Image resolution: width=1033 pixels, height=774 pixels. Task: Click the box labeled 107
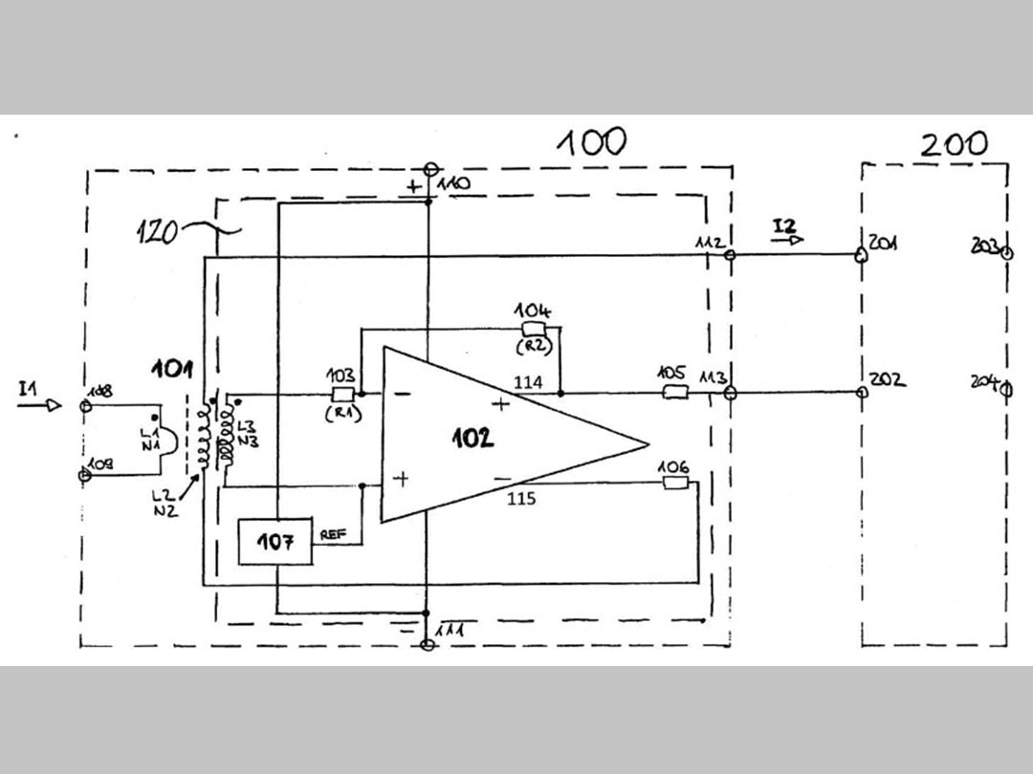275,542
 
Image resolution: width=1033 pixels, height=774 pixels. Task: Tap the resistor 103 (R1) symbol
341,393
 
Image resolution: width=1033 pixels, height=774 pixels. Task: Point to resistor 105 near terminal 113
675,393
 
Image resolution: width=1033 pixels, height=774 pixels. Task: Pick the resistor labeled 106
675,483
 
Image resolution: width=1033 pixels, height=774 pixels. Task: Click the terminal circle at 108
85,406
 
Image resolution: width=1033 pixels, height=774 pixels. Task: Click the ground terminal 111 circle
429,645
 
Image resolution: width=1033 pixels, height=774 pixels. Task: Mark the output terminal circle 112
730,255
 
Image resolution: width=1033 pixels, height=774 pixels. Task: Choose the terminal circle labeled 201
861,255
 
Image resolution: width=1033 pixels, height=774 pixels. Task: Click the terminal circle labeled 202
862,393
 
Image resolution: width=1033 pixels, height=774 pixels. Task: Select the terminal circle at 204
1005,388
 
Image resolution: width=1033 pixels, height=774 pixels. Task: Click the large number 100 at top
593,142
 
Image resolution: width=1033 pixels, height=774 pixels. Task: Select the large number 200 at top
954,144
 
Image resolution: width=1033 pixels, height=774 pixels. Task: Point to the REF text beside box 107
333,535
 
